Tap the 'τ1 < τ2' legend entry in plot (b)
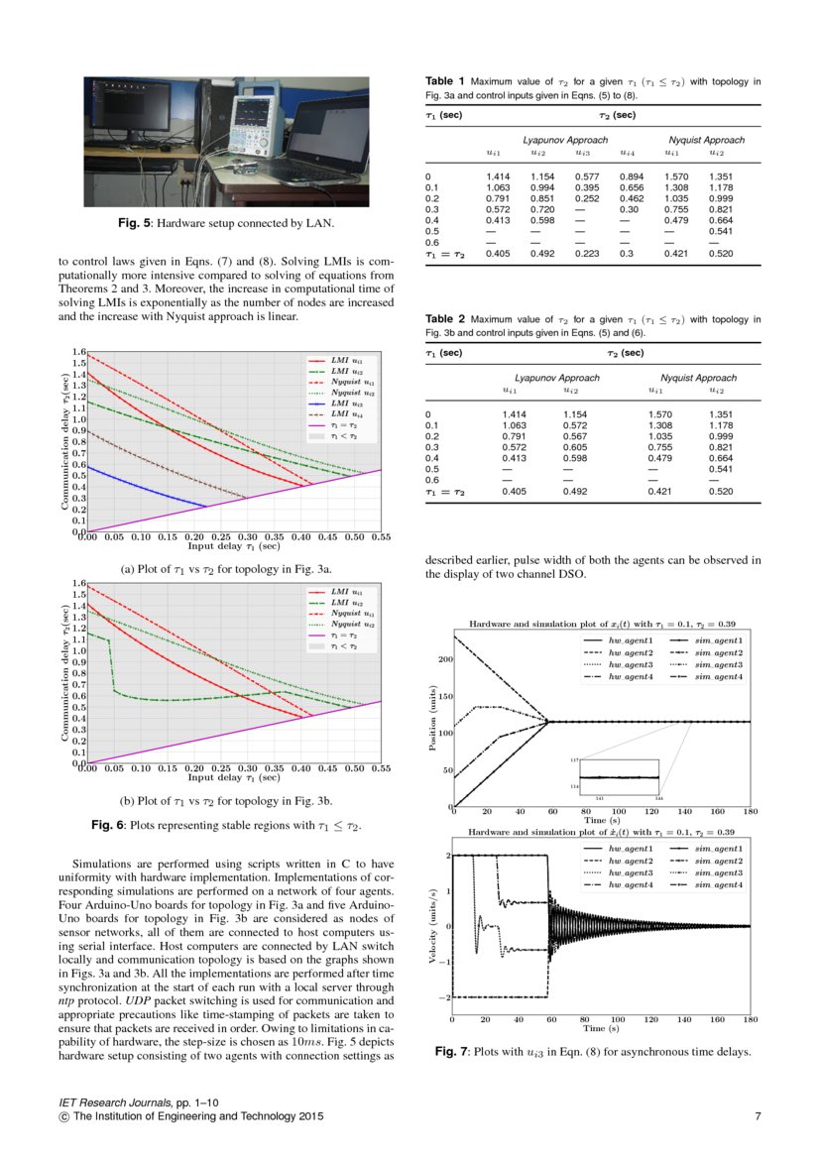click(x=340, y=645)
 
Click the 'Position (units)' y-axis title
click(x=433, y=714)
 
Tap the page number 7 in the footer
click(x=758, y=1117)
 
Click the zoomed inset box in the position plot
click(x=619, y=776)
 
